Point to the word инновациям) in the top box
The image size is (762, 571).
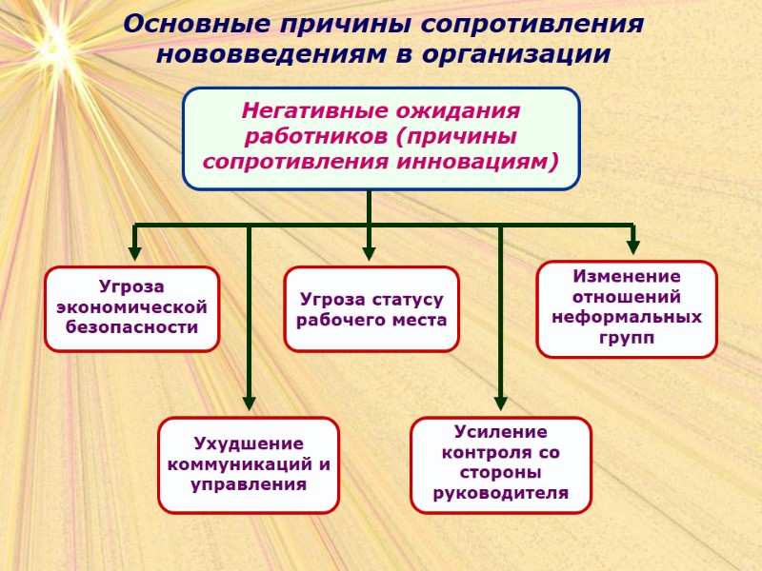click(x=494, y=160)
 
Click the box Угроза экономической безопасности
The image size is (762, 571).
click(x=132, y=308)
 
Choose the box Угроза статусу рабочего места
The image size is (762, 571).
click(x=371, y=309)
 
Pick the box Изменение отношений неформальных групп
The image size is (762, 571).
click(x=627, y=308)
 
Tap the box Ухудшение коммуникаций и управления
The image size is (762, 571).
click(x=249, y=464)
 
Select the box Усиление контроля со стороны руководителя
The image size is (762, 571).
click(x=501, y=464)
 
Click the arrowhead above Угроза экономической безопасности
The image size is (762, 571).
click(x=135, y=254)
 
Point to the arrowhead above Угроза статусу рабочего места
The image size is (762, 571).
click(x=369, y=254)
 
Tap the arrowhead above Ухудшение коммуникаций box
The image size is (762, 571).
click(x=249, y=404)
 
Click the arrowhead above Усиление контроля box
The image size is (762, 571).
click(x=501, y=404)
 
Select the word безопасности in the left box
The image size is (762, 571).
click(x=132, y=328)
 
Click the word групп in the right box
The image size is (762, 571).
click(x=627, y=338)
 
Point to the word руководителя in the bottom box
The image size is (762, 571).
click(x=501, y=493)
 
